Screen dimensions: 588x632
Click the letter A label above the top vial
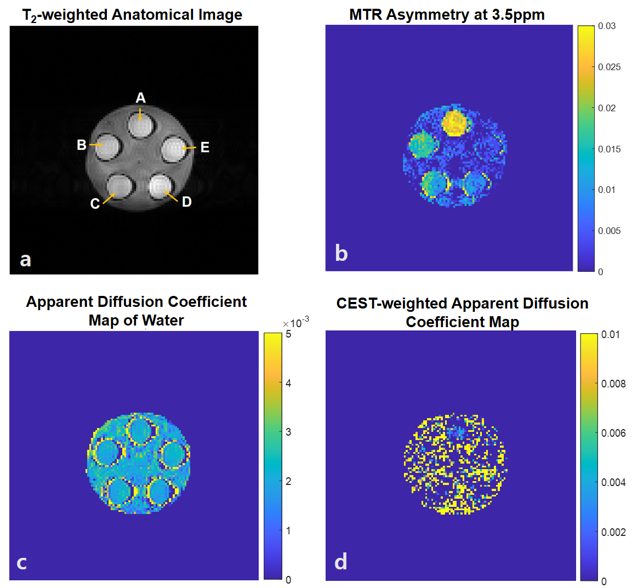(141, 98)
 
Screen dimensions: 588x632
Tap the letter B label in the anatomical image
(82, 145)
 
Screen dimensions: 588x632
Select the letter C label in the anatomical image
(95, 204)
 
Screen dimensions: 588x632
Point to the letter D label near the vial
(187, 202)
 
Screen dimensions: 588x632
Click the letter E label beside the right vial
(204, 147)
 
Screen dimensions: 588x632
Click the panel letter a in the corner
(25, 259)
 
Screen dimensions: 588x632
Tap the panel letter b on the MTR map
(341, 253)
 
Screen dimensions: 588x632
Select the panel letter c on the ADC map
(22, 562)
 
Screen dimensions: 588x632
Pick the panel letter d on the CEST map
(341, 562)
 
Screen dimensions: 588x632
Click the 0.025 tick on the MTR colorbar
(609, 67)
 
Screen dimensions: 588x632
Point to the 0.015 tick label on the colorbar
(609, 149)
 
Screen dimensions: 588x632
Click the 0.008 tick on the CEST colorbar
(613, 384)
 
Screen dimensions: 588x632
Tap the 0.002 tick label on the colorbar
(613, 532)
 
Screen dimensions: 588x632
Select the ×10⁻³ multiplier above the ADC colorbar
(296, 322)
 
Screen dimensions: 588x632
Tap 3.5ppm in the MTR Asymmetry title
(518, 15)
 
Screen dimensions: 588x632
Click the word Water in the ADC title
(163, 320)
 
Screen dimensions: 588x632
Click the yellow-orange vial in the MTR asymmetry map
(454, 122)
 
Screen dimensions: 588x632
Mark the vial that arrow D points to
(160, 186)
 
